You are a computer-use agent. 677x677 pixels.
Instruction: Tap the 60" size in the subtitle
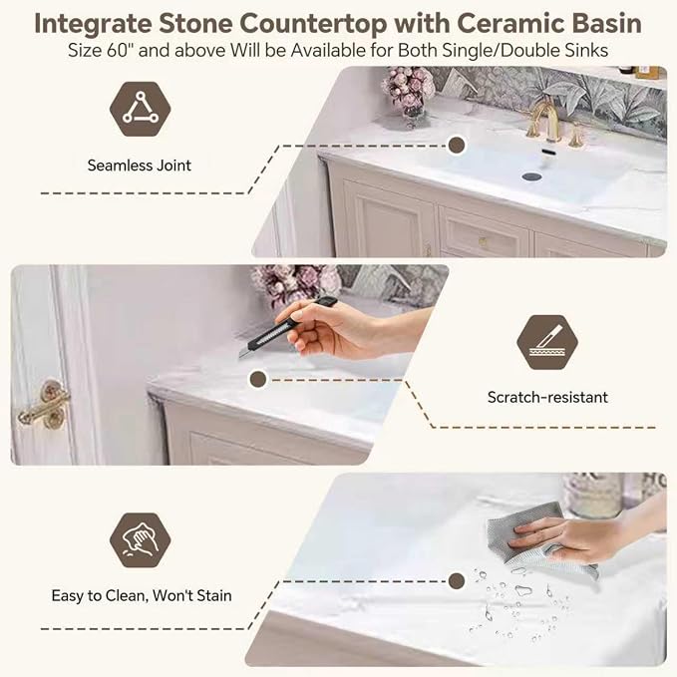[118, 51]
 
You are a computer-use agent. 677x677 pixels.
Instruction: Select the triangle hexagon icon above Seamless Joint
[141, 109]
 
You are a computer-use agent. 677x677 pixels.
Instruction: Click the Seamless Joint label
[139, 166]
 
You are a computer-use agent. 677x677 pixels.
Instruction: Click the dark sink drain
[531, 175]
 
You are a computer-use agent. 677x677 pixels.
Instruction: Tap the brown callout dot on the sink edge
[457, 146]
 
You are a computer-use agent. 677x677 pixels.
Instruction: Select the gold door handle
[44, 406]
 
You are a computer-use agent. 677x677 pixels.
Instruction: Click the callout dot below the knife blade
[258, 379]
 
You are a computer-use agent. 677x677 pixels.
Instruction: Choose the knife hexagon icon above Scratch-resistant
[547, 342]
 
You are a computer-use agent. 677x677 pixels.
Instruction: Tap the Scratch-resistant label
[547, 397]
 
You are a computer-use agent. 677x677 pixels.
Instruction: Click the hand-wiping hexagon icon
[141, 540]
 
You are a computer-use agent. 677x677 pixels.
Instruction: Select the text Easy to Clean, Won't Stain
[142, 596]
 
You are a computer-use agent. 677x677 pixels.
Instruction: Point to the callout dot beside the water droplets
[457, 581]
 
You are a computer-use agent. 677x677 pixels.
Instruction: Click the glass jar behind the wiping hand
[593, 496]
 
